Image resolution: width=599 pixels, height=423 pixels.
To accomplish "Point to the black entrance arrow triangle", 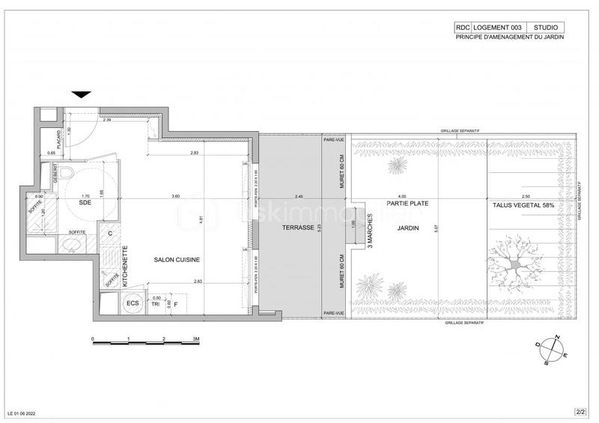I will click(82, 94).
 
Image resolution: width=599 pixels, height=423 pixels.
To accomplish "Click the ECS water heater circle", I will click(133, 303).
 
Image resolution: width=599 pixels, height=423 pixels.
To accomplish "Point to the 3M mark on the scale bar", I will click(196, 339).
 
